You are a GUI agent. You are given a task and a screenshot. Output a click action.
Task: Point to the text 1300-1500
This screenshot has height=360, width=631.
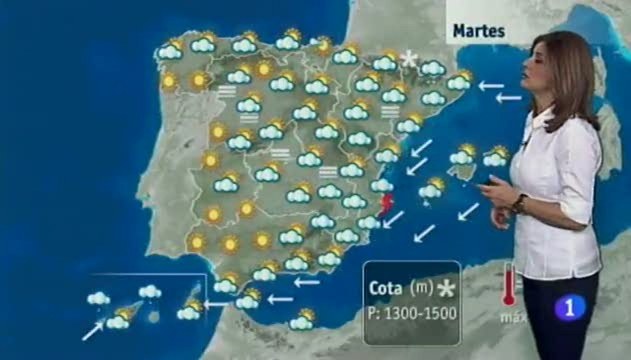[x=421, y=313]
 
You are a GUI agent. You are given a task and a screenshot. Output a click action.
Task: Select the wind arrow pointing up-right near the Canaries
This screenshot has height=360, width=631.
[x=93, y=330]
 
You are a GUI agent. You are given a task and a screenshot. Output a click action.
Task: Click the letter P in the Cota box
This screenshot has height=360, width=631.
[x=372, y=313]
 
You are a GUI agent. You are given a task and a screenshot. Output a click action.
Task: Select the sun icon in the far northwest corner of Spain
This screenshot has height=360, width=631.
[x=169, y=81]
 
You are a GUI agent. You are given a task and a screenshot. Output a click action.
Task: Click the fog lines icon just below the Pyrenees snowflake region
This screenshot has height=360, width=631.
[x=390, y=112]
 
